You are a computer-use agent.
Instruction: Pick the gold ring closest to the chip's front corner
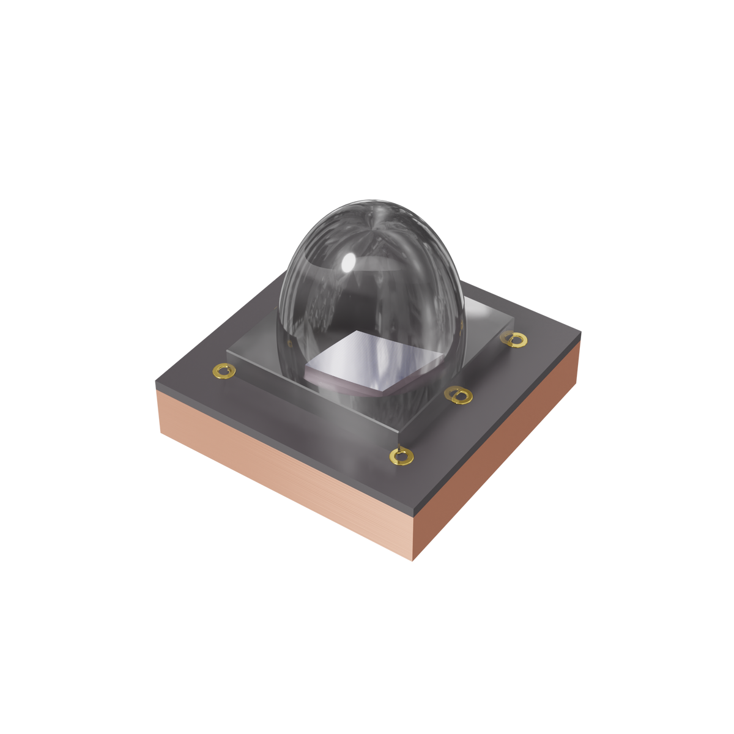pos(458,395)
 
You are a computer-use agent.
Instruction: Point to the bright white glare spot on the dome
pos(349,262)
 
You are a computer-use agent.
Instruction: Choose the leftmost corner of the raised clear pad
pos(227,350)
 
